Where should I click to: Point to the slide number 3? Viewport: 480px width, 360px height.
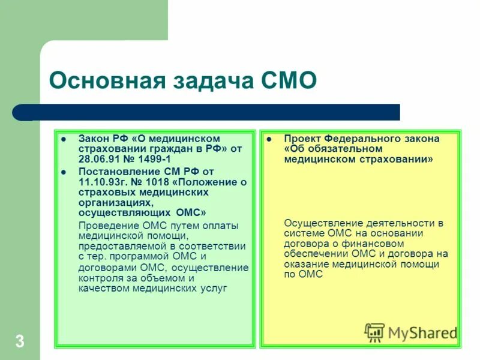pos(20,343)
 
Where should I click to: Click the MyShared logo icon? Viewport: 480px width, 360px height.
pos(374,332)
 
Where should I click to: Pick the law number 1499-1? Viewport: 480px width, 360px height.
pos(155,159)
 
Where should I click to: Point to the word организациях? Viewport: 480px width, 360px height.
pos(112,203)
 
